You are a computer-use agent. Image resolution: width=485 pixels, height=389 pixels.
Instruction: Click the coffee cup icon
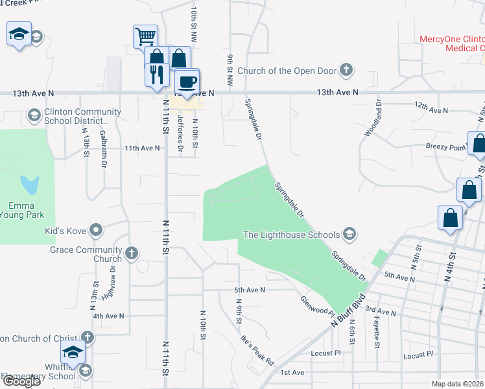[x=187, y=82]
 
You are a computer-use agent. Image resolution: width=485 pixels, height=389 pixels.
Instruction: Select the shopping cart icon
[x=145, y=36]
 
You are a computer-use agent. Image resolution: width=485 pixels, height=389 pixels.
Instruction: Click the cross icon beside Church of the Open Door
[x=347, y=70]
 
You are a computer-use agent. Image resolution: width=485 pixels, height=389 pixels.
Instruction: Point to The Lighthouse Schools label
[x=291, y=234]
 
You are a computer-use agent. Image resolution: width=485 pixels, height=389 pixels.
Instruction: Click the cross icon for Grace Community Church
[x=132, y=253]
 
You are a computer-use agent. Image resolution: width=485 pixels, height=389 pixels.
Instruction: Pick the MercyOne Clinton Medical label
[x=451, y=43]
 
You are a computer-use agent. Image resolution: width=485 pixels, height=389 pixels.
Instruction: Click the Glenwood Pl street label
[x=316, y=302]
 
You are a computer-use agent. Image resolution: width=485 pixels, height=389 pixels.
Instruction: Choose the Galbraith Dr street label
[x=104, y=148]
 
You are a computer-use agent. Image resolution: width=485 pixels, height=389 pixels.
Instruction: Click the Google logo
[x=21, y=381]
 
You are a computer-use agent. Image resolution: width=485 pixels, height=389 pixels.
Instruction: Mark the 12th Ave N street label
[x=431, y=110]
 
